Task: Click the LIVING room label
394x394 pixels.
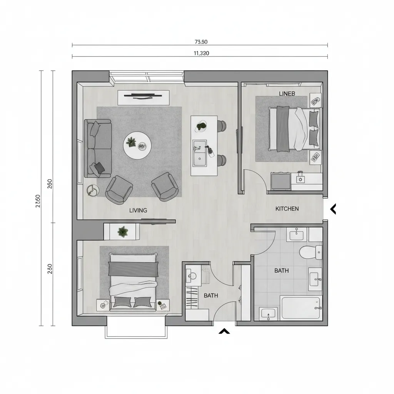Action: [x=138, y=210]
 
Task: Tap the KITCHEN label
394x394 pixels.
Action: [x=287, y=209]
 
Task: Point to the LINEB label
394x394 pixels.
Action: [x=287, y=93]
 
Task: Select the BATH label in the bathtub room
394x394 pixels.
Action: [x=282, y=270]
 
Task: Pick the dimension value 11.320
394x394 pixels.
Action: [x=200, y=53]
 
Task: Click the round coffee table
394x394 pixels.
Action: [x=137, y=145]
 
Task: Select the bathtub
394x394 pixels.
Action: [x=300, y=307]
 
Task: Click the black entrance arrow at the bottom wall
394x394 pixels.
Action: [x=224, y=331]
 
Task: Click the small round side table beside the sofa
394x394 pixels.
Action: [x=93, y=190]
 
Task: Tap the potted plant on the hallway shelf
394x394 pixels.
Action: [x=123, y=232]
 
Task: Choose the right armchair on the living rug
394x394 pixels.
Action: [x=165, y=187]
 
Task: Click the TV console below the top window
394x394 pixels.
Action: [x=143, y=97]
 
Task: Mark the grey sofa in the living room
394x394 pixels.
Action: [x=97, y=148]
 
